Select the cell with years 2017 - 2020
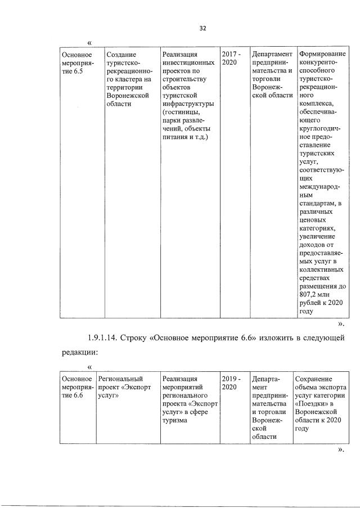[231, 58]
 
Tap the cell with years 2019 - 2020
[231, 383]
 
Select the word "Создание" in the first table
[121, 54]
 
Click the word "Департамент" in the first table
[272, 54]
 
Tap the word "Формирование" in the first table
[322, 54]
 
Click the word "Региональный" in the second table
[120, 379]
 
